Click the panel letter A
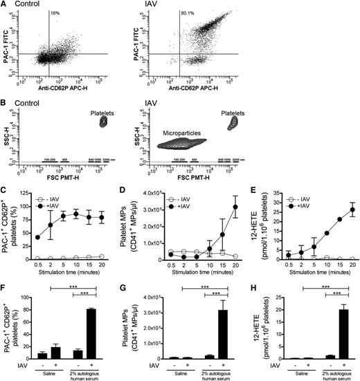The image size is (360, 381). tap(4, 5)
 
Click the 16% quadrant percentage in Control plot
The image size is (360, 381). tap(55, 13)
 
